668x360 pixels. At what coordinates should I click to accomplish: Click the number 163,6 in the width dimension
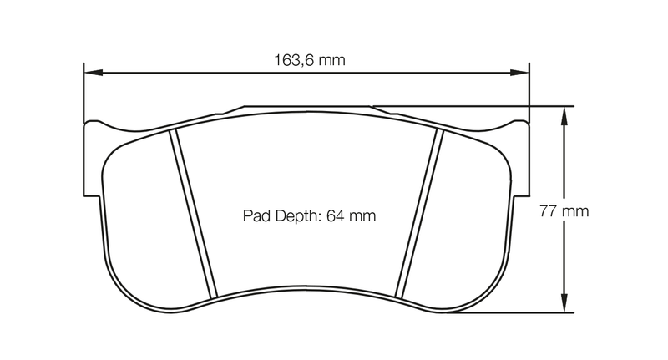point(294,60)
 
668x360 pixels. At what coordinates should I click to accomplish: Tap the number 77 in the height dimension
point(549,210)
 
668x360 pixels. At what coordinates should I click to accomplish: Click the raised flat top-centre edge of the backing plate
point(309,107)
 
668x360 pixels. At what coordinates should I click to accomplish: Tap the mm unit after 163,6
point(333,60)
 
